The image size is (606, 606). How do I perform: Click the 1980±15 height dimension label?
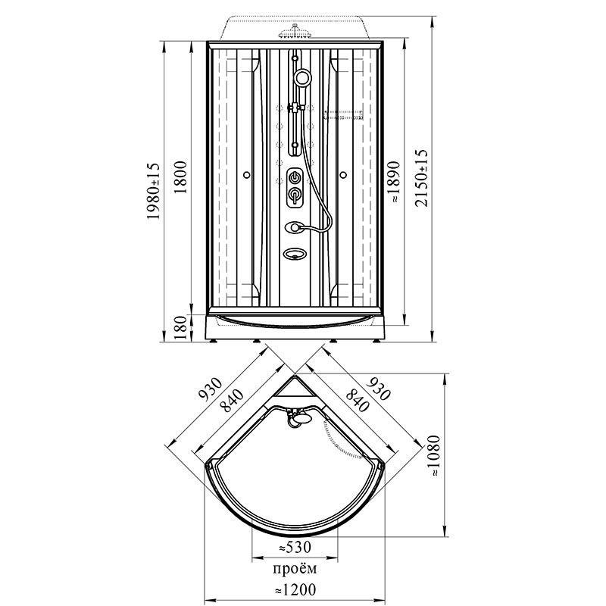pos(153,191)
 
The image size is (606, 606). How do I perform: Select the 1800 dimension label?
pos(180,177)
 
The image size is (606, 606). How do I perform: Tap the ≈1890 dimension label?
pos(395,182)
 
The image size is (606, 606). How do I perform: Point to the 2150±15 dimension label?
pos(422,178)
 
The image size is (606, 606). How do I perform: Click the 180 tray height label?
pos(180,328)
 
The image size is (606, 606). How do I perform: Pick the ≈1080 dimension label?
pos(435,456)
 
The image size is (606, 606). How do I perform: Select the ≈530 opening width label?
pos(295,547)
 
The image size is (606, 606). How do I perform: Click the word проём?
pos(295,569)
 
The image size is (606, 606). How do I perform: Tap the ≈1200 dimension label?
pos(295,590)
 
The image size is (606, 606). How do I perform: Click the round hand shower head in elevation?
pos(302,77)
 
